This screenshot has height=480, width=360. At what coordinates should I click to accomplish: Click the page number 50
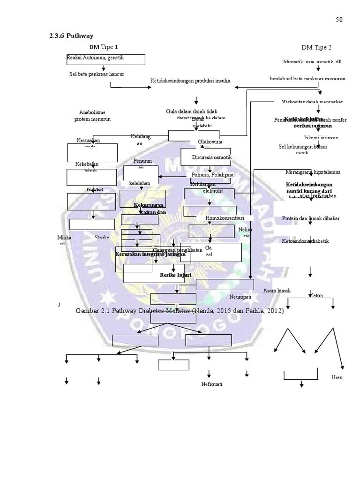tap(339, 19)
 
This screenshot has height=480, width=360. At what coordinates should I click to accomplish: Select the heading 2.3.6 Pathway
tap(71, 36)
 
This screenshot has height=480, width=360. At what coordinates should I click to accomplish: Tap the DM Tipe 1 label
tap(104, 47)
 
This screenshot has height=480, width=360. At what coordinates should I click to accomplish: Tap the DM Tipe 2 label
tap(316, 47)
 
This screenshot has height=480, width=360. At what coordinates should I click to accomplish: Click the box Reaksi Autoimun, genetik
tap(105, 59)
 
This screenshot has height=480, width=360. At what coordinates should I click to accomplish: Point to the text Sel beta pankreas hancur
tap(94, 74)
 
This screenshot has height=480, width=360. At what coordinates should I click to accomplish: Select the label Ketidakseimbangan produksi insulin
tap(190, 81)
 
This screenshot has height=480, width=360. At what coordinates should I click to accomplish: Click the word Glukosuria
tap(210, 142)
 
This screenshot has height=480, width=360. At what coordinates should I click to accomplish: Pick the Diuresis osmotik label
tap(212, 157)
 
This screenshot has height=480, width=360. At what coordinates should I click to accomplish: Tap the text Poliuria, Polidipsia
tap(212, 174)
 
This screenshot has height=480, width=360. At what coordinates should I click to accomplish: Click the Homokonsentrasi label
tap(225, 218)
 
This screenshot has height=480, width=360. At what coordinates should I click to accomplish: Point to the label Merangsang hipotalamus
tap(313, 172)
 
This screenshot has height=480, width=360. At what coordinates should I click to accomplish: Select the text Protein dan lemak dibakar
tap(311, 218)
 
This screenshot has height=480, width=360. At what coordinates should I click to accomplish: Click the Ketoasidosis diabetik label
tap(306, 241)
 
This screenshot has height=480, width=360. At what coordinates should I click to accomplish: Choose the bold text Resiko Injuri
tap(175, 275)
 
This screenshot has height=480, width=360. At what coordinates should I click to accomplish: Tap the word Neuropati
tap(240, 297)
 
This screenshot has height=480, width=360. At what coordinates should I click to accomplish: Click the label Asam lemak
tap(277, 291)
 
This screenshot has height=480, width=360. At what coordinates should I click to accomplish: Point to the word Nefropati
tap(212, 384)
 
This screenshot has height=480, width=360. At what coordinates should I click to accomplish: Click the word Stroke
tap(102, 238)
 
